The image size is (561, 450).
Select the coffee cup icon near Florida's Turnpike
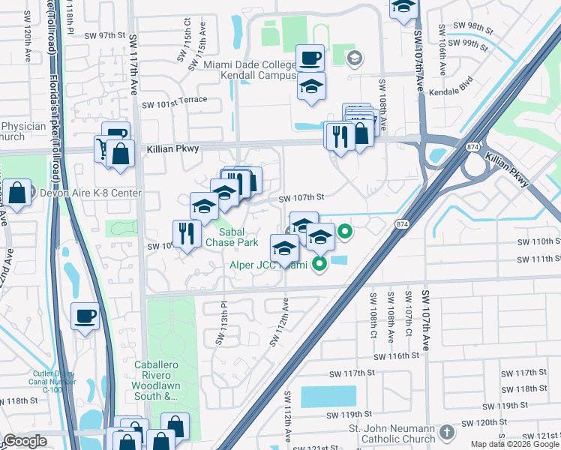pyautogui.click(x=85, y=315)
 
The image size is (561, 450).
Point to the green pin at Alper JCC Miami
pyautogui.click(x=319, y=263)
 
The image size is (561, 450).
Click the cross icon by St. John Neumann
pyautogui.click(x=446, y=433)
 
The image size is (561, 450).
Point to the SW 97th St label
pyautogui.click(x=103, y=35)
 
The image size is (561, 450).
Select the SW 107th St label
pyautogui.click(x=300, y=199)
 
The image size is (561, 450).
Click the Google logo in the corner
pyautogui.click(x=25, y=441)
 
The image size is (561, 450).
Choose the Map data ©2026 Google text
pyautogui.click(x=514, y=444)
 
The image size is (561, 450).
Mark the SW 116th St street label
pyautogui.click(x=394, y=356)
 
